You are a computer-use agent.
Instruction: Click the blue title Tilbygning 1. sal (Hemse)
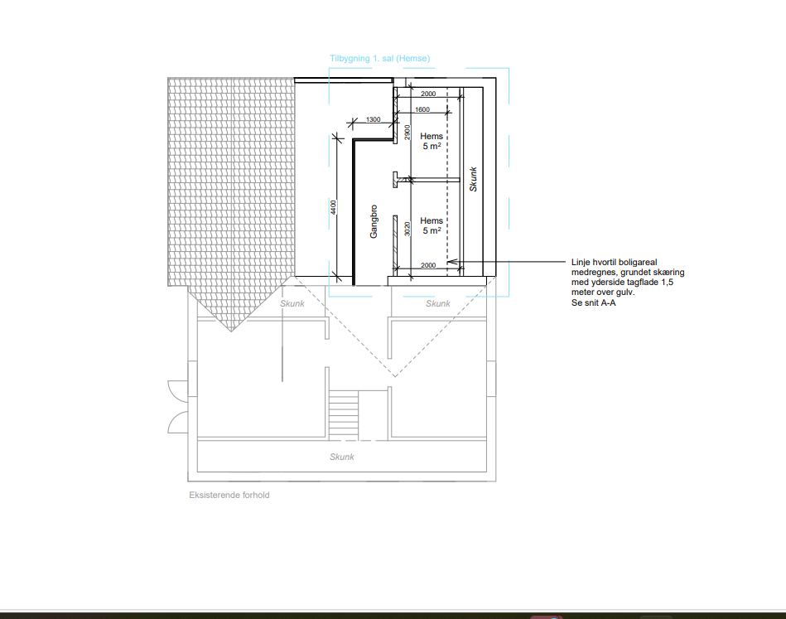[x=380, y=59]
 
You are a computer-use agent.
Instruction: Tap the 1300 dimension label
[x=373, y=119]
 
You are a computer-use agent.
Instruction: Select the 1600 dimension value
[x=422, y=109]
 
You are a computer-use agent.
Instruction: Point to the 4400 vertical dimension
[x=333, y=207]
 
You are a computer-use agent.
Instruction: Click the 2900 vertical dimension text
[x=407, y=133]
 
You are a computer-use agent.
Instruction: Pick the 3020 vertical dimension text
[x=407, y=229]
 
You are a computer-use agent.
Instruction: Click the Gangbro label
[x=374, y=221]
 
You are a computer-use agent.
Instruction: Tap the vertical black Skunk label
[x=473, y=179]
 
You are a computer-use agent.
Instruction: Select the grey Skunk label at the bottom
[x=342, y=457]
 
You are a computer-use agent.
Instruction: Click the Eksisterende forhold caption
[x=229, y=495]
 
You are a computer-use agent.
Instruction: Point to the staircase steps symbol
[x=344, y=415]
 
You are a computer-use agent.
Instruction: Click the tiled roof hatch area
[x=230, y=191]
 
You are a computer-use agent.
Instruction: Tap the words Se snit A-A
[x=594, y=303]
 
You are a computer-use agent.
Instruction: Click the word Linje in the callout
[x=581, y=263]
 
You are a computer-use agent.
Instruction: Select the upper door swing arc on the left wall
[x=176, y=389]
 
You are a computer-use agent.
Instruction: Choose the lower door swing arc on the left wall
[x=176, y=420]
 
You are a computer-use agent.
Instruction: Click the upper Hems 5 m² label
[x=432, y=141]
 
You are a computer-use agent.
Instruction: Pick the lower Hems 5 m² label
[x=432, y=225]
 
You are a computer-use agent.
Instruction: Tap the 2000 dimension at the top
[x=428, y=94]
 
